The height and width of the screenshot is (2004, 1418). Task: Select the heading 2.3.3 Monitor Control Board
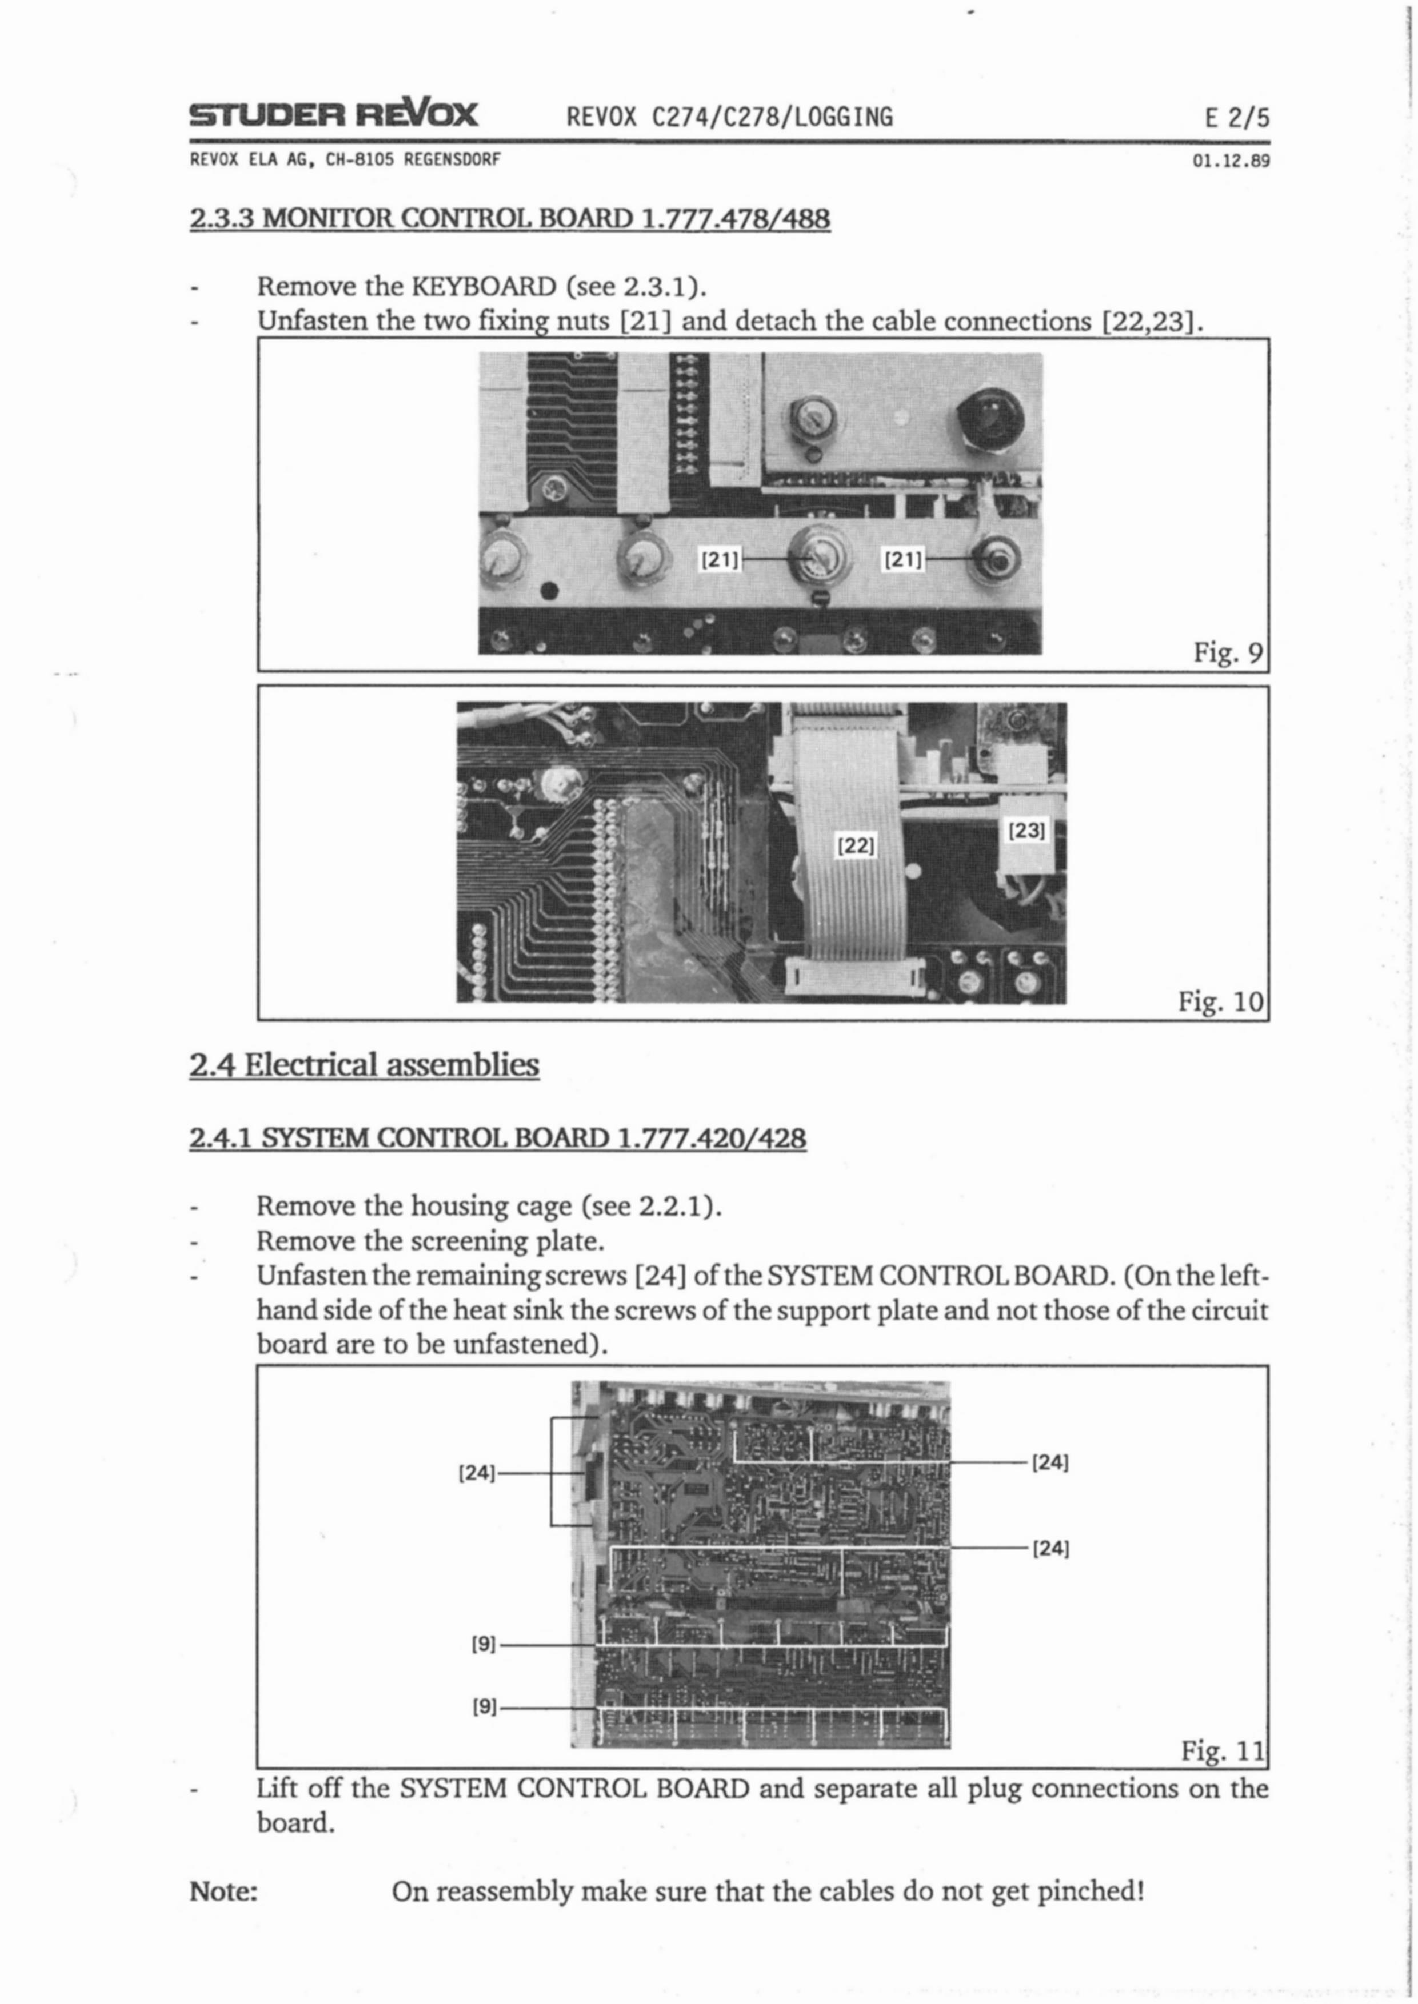tap(510, 217)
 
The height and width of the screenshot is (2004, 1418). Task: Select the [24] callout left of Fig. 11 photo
tap(477, 1473)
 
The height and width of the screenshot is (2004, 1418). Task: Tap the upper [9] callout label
tap(484, 1645)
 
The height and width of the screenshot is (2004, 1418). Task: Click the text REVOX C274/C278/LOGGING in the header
tap(730, 117)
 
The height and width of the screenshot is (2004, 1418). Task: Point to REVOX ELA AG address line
tap(345, 161)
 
